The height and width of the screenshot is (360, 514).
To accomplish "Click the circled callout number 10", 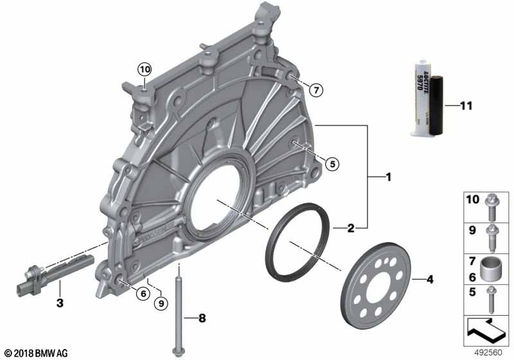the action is tap(145, 69).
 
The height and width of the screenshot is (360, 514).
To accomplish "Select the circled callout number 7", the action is tap(316, 89).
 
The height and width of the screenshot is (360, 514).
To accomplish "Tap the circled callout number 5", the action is tap(332, 163).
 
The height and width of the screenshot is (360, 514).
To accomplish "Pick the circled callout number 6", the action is tap(143, 293).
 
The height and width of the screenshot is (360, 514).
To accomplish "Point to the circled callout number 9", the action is tap(161, 303).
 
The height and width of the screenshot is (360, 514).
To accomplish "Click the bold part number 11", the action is tap(466, 106).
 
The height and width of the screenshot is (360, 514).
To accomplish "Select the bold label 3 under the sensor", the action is tap(60, 303).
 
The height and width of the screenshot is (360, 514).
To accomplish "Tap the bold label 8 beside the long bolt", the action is tap(202, 318).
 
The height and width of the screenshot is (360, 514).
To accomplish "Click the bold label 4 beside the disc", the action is tap(429, 280).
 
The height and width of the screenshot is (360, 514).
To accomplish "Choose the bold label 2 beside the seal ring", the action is tap(351, 228).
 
